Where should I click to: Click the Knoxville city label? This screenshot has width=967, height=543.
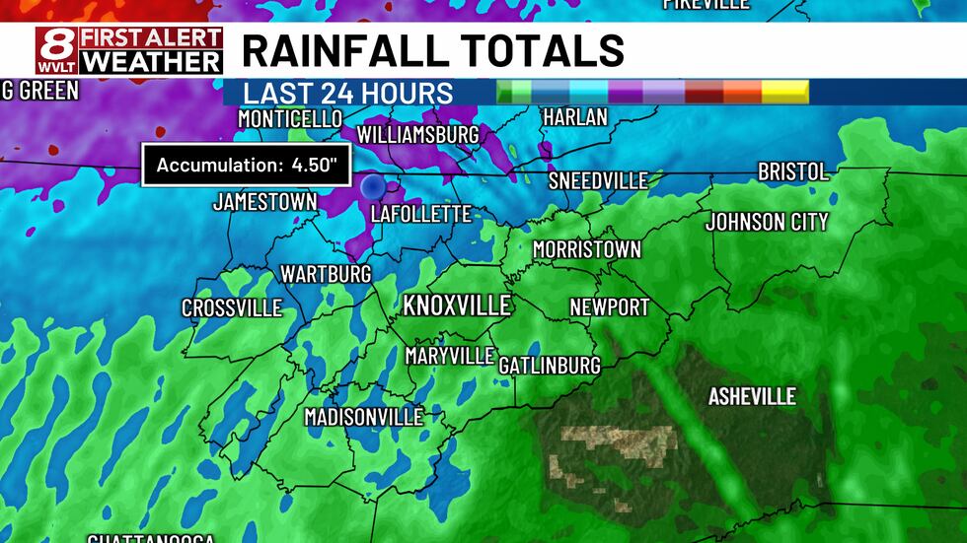[x=457, y=305]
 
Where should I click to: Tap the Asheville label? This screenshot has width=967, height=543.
[x=752, y=396]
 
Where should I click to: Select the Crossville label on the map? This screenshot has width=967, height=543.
[x=232, y=308]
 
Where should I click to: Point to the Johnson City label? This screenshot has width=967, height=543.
[x=767, y=222]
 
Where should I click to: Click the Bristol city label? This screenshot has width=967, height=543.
[x=793, y=171]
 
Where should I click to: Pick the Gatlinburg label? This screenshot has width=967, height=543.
[x=550, y=366]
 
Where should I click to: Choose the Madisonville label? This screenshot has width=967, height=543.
[x=363, y=417]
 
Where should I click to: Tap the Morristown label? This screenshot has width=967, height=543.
[x=586, y=249]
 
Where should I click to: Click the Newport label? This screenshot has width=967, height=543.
[x=610, y=307]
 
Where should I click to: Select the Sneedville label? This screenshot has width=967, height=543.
[x=598, y=180]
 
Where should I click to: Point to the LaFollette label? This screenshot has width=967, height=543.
[x=421, y=214]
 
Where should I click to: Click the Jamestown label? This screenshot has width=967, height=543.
[x=264, y=202]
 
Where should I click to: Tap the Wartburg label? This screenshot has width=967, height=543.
[x=326, y=273]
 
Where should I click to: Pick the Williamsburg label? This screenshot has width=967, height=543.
[x=417, y=134]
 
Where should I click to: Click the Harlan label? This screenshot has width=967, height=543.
[x=575, y=117]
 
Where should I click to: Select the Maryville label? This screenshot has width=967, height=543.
[x=450, y=356]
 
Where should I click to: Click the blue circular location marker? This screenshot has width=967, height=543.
[x=372, y=185]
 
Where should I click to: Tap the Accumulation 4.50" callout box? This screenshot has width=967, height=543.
[x=247, y=165]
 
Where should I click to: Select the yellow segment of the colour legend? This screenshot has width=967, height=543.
[x=784, y=92]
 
